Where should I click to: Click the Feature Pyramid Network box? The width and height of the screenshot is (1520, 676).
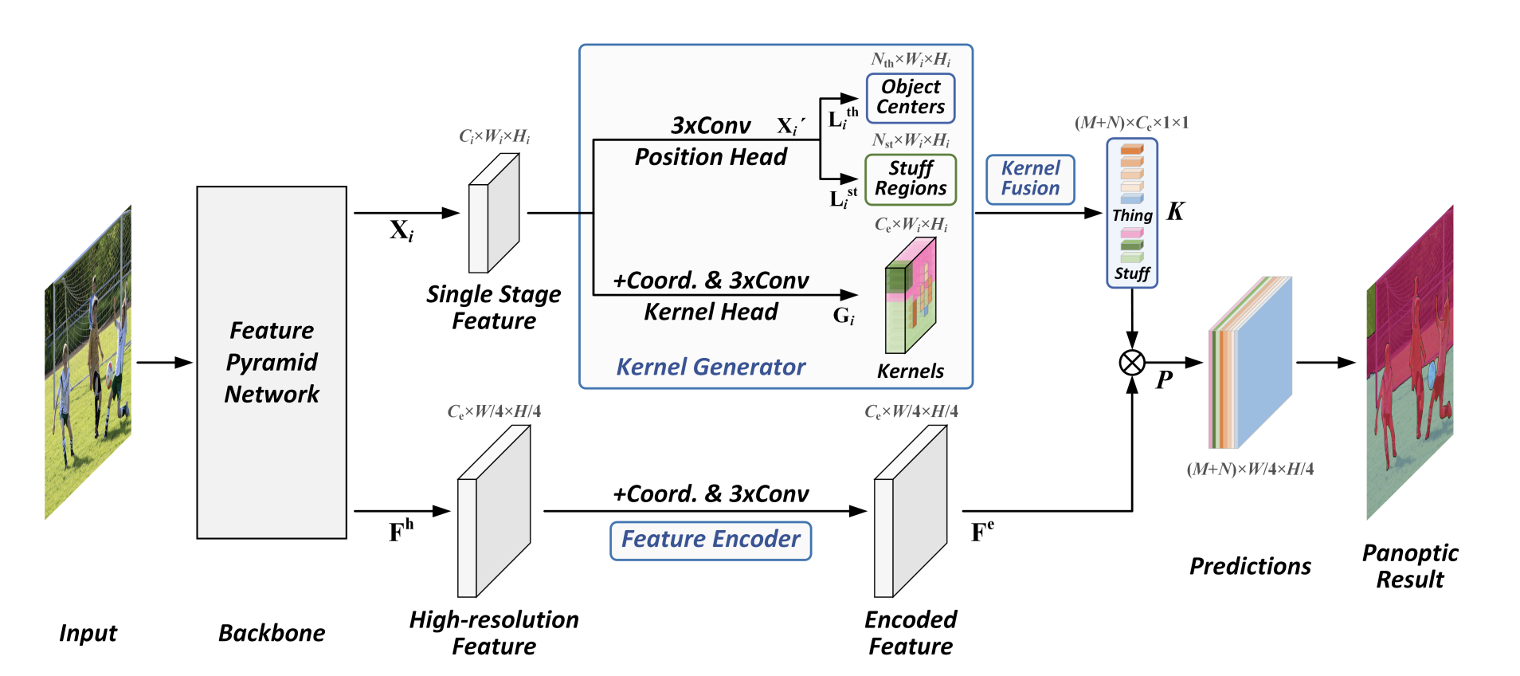[272, 363]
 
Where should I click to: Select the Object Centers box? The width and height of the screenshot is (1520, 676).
[911, 98]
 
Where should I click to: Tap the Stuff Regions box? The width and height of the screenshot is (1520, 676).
[911, 179]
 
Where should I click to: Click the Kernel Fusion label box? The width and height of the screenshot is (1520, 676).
[1030, 179]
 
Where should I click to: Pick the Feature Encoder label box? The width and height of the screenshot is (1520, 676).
[711, 540]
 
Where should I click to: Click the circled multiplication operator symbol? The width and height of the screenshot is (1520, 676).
[1132, 363]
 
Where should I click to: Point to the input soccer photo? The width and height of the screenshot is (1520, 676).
[88, 363]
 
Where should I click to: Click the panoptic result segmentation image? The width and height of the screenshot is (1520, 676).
[1409, 363]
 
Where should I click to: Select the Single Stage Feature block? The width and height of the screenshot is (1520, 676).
[494, 213]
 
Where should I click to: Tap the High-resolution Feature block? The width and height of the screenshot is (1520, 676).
[494, 510]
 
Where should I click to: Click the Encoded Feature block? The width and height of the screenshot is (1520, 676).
[911, 510]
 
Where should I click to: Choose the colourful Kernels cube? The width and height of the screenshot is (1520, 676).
[911, 296]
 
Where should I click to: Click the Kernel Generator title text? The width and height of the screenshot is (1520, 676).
[711, 367]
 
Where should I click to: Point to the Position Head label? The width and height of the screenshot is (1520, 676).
[711, 157]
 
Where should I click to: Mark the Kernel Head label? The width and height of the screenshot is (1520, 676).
[711, 312]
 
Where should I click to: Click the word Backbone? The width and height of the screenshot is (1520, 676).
[272, 633]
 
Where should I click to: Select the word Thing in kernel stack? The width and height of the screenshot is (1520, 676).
[1132, 215]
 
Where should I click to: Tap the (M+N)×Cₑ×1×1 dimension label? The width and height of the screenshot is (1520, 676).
[1131, 123]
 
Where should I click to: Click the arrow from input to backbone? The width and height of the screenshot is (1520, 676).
[164, 363]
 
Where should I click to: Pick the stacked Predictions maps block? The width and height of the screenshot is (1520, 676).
[1250, 363]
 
